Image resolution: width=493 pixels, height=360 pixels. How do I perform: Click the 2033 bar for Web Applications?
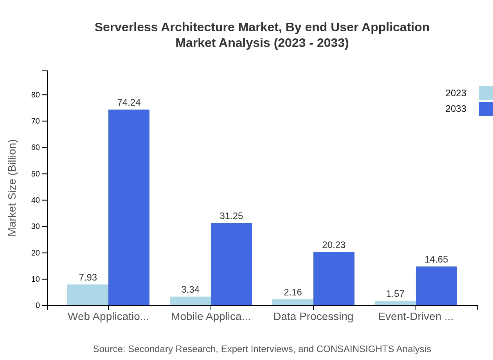click(129, 207)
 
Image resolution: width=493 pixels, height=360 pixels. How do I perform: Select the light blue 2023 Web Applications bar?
click(88, 295)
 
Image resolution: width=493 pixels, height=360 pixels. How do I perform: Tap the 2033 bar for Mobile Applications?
click(231, 264)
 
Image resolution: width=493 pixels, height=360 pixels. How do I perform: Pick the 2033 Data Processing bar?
click(334, 279)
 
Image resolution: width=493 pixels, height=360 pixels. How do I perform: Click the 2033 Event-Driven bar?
click(436, 286)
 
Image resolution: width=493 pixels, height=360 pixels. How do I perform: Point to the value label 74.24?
click(129, 103)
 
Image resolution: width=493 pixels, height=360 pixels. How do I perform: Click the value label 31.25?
click(231, 216)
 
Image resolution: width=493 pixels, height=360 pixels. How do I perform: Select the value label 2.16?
click(293, 292)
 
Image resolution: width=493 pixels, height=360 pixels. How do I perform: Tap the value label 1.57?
click(395, 294)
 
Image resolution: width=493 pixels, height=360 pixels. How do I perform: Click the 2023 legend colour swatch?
click(486, 93)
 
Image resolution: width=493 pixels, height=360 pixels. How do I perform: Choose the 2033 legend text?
click(456, 109)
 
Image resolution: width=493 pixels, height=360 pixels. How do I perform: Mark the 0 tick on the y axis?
click(38, 306)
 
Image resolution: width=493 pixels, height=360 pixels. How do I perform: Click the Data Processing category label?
click(313, 317)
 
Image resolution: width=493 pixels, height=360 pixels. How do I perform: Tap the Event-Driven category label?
click(416, 317)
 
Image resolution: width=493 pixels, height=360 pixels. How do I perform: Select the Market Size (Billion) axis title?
click(13, 188)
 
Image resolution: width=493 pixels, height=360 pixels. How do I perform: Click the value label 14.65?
click(436, 259)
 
